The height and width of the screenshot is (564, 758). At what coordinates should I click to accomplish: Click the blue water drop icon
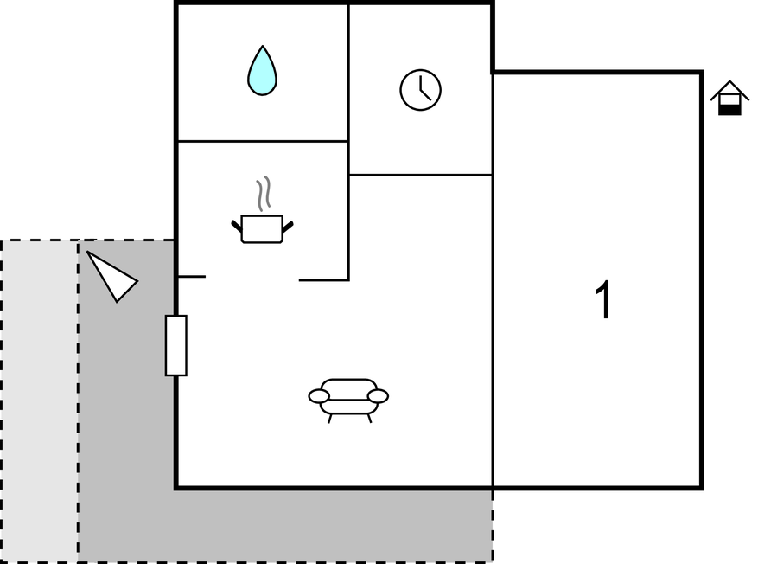tap(263, 71)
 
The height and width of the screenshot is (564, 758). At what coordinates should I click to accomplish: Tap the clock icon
tap(421, 90)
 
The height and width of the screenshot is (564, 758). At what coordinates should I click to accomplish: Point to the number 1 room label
tap(602, 299)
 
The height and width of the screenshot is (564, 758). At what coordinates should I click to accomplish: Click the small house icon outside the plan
tap(730, 98)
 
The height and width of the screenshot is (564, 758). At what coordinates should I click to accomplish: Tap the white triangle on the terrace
tap(112, 277)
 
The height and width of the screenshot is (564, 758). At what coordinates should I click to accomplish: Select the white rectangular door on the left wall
tap(176, 345)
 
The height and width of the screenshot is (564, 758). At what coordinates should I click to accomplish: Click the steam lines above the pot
tap(263, 194)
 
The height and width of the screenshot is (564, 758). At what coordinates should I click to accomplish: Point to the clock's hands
tap(424, 88)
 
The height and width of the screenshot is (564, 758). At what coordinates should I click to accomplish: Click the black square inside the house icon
tap(729, 110)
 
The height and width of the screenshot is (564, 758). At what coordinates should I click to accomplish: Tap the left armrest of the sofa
tap(319, 397)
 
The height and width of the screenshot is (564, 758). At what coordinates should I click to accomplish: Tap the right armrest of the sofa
tap(378, 397)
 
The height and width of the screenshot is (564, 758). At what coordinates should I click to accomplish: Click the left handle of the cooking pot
tap(237, 227)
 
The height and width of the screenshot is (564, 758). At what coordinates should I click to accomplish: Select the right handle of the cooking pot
tap(288, 227)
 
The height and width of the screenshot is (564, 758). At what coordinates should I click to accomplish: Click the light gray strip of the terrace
tap(40, 401)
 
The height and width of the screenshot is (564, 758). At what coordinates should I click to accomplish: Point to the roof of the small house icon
tap(730, 91)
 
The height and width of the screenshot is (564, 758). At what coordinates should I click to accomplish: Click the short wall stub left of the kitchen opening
tap(192, 277)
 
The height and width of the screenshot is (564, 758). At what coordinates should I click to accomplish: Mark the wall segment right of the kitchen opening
tap(323, 280)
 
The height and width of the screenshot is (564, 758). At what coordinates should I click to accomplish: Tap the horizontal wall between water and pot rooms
tap(263, 141)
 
